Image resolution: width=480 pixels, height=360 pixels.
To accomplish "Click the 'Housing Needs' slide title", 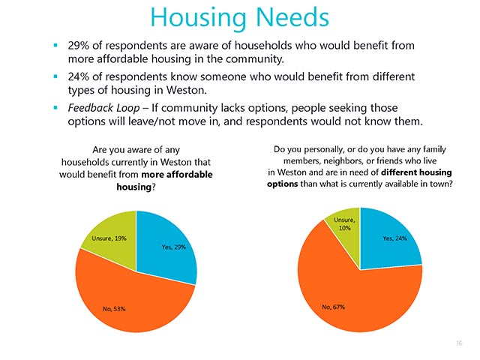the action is click(240, 17).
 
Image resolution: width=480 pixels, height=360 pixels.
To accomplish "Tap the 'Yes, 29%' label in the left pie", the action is click(174, 247).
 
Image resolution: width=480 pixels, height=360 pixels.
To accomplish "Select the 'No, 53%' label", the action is click(114, 309).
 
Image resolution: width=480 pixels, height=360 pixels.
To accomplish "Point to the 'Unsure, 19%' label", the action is click(109, 238).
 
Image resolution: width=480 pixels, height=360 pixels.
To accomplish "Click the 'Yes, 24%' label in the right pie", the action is click(395, 238).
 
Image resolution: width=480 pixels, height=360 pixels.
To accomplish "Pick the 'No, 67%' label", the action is click(333, 307).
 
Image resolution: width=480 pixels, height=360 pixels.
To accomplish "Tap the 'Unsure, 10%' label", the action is click(345, 223).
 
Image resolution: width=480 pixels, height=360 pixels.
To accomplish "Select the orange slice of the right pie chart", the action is click(358, 300).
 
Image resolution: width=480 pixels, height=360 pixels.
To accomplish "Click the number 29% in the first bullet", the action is click(79, 45).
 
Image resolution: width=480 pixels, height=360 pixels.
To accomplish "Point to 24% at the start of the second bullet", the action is click(79, 76).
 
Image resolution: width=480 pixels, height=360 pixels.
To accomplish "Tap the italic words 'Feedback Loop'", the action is click(103, 108).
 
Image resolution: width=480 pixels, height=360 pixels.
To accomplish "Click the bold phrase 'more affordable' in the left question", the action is click(177, 175).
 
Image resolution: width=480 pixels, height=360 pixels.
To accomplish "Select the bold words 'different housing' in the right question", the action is click(417, 172).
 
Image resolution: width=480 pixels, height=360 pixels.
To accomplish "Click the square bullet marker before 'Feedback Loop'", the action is click(55, 108).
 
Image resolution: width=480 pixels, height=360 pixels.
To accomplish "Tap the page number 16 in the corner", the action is click(459, 343).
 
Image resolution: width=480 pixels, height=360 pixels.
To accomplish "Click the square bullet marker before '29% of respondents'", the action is click(55, 45).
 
